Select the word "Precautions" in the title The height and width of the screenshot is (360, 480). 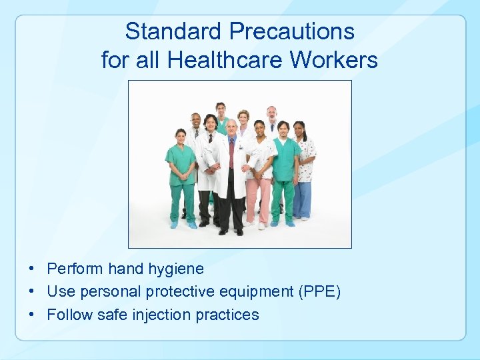tap(291, 31)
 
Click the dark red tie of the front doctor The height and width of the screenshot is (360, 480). tap(231, 153)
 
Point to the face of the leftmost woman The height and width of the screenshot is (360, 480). tap(181, 136)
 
